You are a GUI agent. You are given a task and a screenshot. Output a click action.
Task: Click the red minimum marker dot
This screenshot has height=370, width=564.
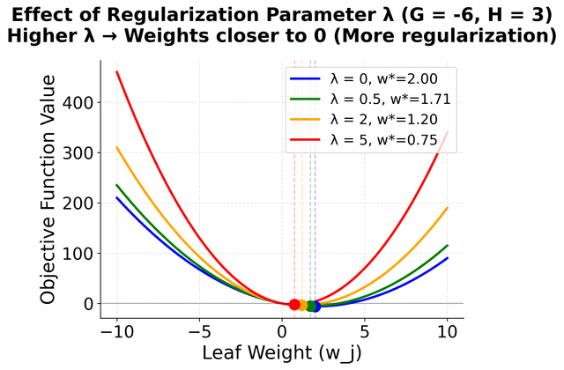coord(294,304)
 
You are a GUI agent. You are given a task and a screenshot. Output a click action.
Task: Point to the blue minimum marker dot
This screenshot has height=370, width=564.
coord(315,306)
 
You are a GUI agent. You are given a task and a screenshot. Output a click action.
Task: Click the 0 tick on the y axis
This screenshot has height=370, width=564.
coord(86,303)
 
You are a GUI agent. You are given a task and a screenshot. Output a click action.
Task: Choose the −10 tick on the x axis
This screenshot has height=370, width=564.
coord(116,332)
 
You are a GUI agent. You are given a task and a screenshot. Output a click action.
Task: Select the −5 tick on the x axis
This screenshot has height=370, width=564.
coord(199,332)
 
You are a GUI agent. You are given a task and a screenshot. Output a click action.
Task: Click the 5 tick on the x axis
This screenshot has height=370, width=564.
coord(365,332)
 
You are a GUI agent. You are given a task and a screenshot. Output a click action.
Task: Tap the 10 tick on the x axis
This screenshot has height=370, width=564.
coord(448,332)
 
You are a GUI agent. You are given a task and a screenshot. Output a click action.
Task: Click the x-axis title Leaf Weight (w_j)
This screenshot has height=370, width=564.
coord(282,354)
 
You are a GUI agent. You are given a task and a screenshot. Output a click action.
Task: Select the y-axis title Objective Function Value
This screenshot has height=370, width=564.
coord(49,190)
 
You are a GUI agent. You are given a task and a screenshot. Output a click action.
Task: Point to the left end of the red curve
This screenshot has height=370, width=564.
coord(117,71)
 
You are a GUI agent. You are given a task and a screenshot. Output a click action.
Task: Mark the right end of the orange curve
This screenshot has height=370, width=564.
coord(448,208)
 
